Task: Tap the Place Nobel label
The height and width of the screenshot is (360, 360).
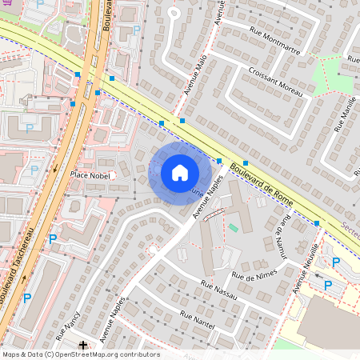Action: tap(90, 174)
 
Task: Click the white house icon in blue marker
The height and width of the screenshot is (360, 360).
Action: tap(180, 172)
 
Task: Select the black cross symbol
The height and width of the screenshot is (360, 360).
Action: tap(83, 343)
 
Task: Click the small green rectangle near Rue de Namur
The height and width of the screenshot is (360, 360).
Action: tap(233, 228)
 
